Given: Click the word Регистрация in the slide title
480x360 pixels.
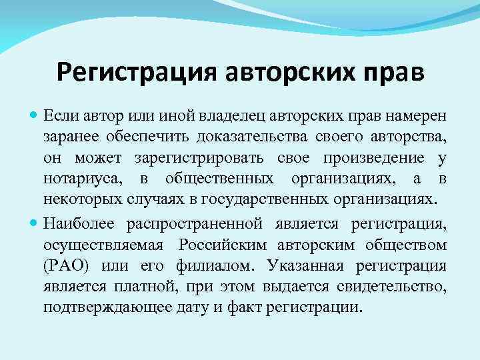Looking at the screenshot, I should coord(135,71).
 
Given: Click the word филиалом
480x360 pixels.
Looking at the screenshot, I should coord(215,266).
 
